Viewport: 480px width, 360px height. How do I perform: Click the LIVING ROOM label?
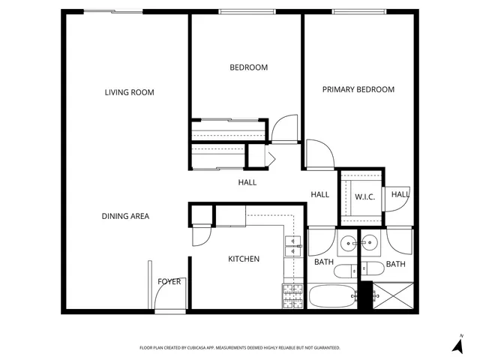tap(129, 92)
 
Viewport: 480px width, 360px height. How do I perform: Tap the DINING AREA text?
tap(125, 216)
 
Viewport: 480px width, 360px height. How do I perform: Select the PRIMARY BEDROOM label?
tap(358, 89)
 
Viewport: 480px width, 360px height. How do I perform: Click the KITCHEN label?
tap(244, 259)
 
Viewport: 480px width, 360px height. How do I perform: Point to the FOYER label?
tap(169, 282)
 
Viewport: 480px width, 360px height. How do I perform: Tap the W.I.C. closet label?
tap(364, 196)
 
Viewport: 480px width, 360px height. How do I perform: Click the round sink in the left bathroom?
tap(347, 243)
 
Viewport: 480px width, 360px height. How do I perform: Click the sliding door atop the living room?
tap(112, 11)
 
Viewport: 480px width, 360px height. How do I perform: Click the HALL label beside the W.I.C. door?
tap(400, 194)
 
